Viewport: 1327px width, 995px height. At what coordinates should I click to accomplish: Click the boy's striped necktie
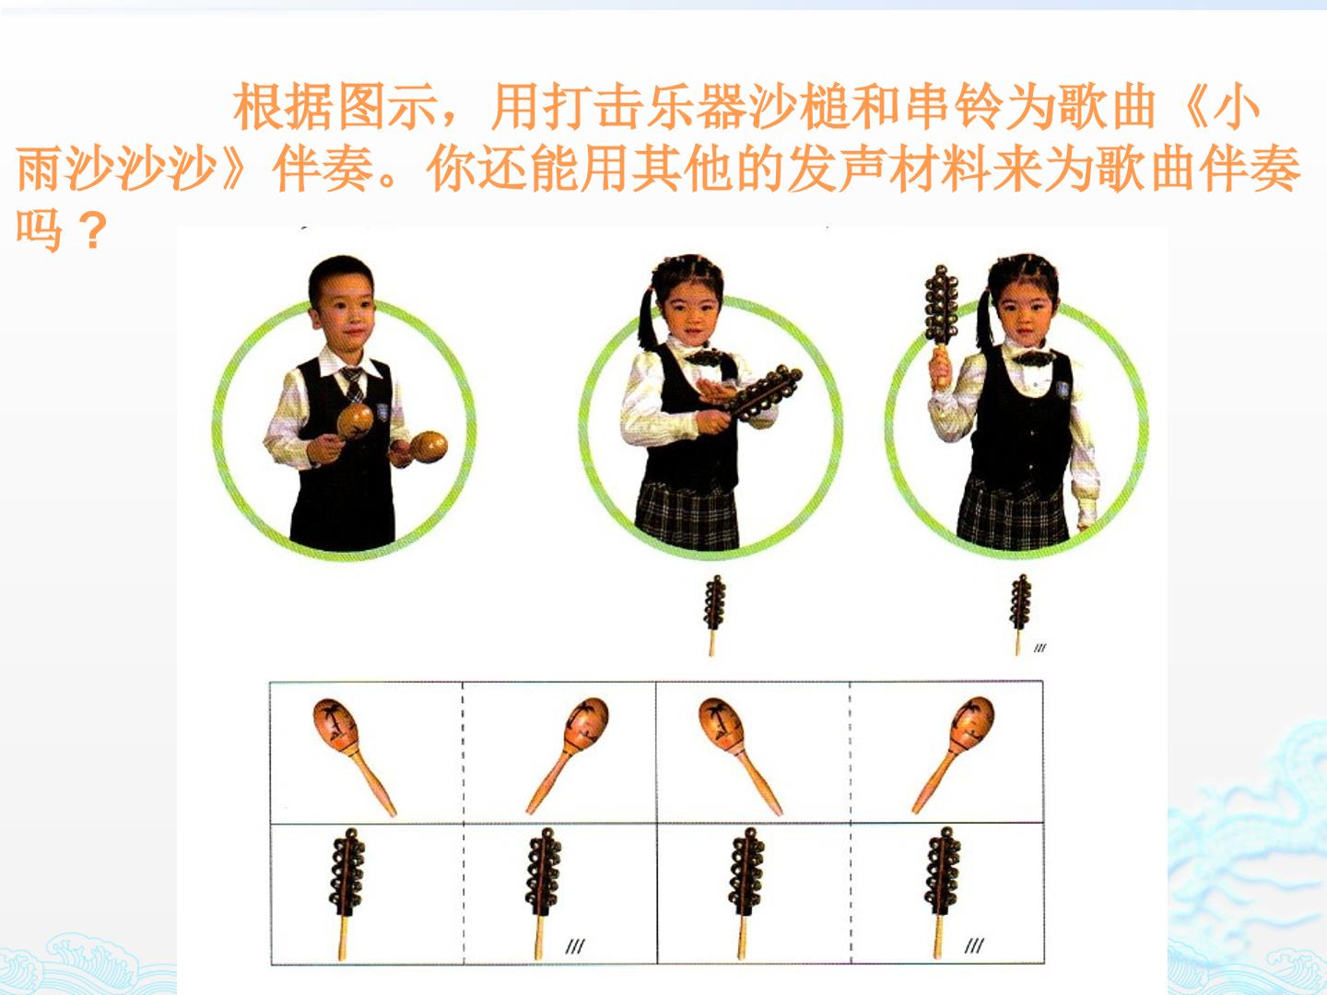tap(353, 384)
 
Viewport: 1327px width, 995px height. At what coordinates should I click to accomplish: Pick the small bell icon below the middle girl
tap(714, 615)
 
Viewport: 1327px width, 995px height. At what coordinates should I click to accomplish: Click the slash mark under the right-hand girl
tap(1039, 649)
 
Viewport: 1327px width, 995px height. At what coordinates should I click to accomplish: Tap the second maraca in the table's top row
tap(569, 755)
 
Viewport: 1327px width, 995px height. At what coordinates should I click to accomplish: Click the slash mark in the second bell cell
tap(575, 946)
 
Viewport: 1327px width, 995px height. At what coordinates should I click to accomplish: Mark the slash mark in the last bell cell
tap(974, 945)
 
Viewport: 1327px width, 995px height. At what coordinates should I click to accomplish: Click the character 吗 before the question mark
tap(40, 229)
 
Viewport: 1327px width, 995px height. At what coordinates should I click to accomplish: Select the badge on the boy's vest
tap(382, 412)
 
